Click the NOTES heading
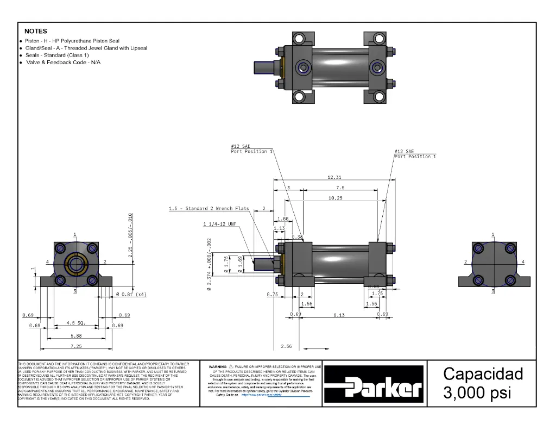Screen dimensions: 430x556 (x=36, y=31)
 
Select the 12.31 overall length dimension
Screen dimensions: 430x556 (x=334, y=177)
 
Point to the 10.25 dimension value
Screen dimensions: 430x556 (x=335, y=198)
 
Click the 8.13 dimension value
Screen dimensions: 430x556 (x=338, y=315)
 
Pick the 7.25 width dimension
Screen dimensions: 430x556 (x=75, y=346)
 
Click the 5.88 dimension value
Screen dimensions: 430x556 (x=75, y=335)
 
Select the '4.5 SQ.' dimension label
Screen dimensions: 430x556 (x=75, y=323)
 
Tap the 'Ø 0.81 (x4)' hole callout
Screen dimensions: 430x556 (x=131, y=295)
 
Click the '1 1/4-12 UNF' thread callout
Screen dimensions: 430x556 (x=220, y=224)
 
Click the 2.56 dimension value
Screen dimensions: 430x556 (x=286, y=346)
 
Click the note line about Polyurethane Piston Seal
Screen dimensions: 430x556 (x=72, y=41)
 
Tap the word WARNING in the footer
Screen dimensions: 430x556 (x=217, y=367)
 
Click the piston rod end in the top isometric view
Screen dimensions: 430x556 (x=265, y=68)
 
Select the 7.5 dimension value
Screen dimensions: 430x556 (x=340, y=188)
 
